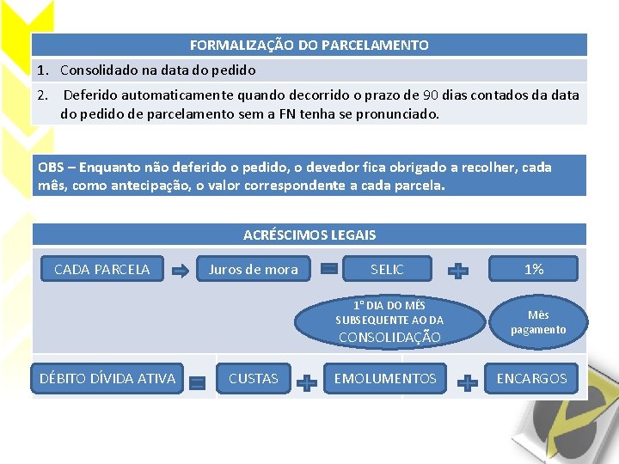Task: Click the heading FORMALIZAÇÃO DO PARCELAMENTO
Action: coord(309,45)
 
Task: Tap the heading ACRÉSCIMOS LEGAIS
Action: coord(309,235)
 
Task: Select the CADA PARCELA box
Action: coord(101,270)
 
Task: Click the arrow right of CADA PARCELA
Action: coord(181,271)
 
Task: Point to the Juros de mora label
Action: coord(253,270)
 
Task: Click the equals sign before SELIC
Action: coord(328,270)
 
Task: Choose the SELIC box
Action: coord(387,270)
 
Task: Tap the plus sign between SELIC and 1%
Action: coord(459,271)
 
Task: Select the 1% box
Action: coord(534,270)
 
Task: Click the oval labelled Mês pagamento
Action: coord(538,322)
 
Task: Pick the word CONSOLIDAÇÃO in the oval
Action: coord(389,338)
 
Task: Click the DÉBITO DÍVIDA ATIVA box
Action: coord(107,378)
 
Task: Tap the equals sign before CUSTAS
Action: coord(197,382)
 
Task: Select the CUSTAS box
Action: coord(254,378)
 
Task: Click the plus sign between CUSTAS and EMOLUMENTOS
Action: coord(306,382)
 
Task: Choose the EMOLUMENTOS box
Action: coord(385,378)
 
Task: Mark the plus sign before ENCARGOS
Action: coord(467,382)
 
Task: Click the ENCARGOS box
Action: coord(532,378)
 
